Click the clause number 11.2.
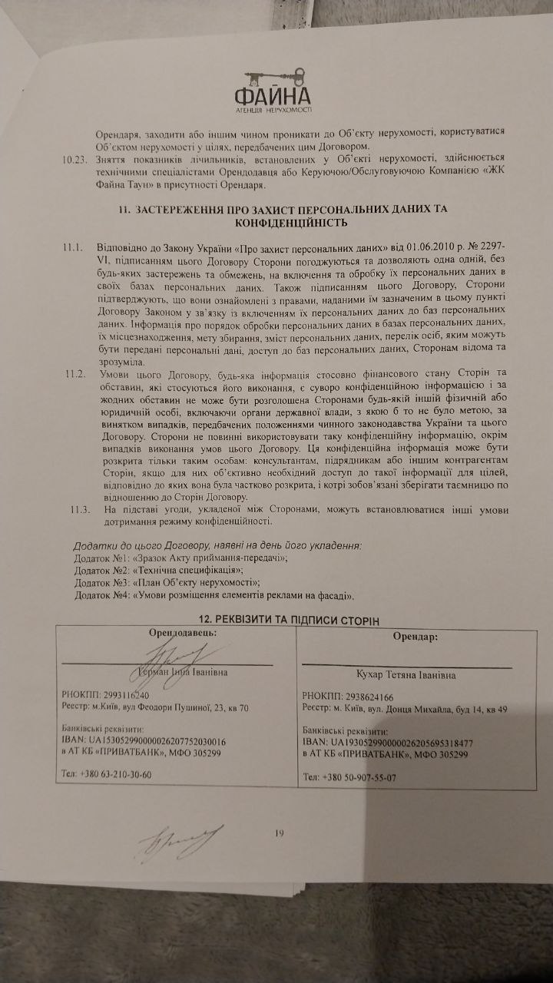point(75,373)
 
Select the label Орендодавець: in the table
point(182,633)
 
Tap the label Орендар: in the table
point(416,637)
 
